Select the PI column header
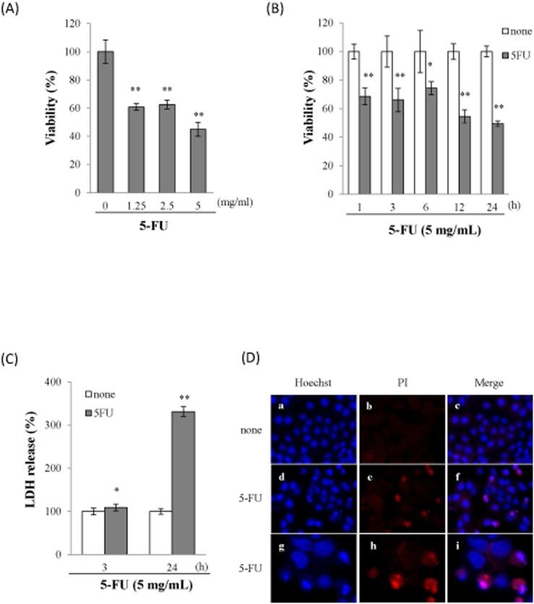click(402, 383)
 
